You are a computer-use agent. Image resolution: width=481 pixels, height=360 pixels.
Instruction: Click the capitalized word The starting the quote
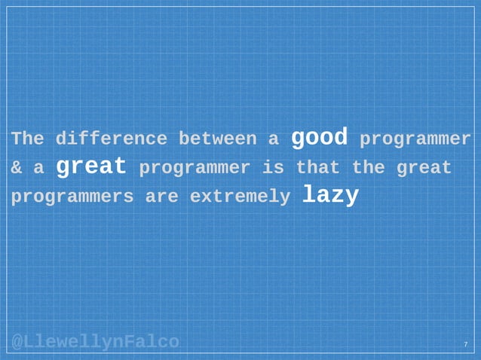point(27,139)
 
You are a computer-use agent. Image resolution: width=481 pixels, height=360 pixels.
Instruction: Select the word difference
point(111,139)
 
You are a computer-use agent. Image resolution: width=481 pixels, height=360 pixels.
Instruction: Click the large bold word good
point(319,137)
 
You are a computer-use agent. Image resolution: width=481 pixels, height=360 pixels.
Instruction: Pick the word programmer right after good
point(415,140)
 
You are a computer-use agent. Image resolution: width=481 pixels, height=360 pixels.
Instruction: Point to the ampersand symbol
point(17,168)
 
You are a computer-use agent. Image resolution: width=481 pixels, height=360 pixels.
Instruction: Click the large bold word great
point(90,166)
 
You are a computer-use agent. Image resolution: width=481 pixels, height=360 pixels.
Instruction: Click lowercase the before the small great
point(367,168)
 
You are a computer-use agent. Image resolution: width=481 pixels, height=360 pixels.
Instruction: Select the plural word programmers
point(72,197)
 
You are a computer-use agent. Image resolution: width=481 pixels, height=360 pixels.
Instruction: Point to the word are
point(161,197)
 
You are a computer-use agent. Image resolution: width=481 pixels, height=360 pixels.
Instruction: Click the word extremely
point(239,197)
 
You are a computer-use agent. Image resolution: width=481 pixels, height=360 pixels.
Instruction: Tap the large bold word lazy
point(330,194)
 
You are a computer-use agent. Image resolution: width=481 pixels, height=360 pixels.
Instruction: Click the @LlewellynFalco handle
point(95,343)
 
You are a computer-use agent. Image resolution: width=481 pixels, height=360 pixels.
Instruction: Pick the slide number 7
point(465,345)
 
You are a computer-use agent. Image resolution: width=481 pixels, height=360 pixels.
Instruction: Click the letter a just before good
point(272,139)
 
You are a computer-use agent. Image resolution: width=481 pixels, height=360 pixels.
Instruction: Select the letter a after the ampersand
point(38,168)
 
